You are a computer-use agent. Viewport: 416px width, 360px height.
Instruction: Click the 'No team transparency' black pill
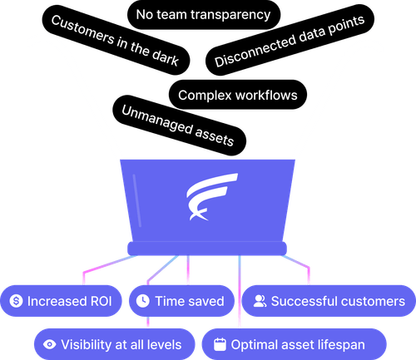pyautogui.click(x=203, y=14)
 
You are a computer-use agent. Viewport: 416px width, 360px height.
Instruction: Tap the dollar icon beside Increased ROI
pyautogui.click(x=16, y=301)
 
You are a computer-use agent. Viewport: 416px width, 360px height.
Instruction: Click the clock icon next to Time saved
pyautogui.click(x=143, y=301)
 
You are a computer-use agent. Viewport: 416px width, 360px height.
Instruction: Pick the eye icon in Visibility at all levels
pyautogui.click(x=49, y=343)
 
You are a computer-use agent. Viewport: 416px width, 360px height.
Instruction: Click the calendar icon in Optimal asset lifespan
pyautogui.click(x=219, y=343)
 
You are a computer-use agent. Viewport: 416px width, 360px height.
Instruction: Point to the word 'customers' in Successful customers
pyautogui.click(x=372, y=301)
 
